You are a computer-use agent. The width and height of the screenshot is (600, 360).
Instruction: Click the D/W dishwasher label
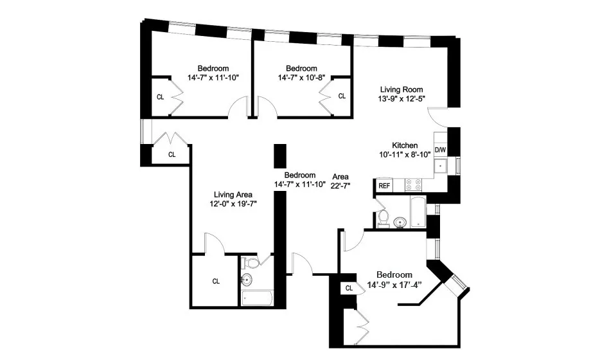click(x=440, y=150)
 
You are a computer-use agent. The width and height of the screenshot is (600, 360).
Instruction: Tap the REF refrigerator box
click(x=384, y=186)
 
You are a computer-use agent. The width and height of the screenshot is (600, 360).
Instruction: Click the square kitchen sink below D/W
click(x=441, y=166)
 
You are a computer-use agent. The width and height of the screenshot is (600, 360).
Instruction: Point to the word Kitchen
click(x=405, y=145)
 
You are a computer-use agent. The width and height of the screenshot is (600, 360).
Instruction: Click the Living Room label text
click(x=401, y=89)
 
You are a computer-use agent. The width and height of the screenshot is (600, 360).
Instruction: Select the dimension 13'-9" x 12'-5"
click(x=401, y=99)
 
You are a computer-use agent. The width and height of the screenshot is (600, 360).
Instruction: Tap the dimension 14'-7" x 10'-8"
click(x=301, y=78)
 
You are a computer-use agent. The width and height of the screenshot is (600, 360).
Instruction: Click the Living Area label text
click(x=233, y=194)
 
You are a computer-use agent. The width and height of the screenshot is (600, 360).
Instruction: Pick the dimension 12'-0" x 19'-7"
click(x=233, y=204)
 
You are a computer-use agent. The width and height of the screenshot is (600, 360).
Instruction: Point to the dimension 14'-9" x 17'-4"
click(x=394, y=285)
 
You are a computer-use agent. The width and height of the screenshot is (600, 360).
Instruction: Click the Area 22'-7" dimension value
click(x=340, y=186)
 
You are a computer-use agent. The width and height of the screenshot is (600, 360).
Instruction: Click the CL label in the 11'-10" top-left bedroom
click(x=160, y=97)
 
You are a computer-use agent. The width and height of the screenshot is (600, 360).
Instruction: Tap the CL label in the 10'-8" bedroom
click(x=342, y=96)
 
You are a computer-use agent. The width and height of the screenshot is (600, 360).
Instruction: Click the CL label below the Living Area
click(x=216, y=281)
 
